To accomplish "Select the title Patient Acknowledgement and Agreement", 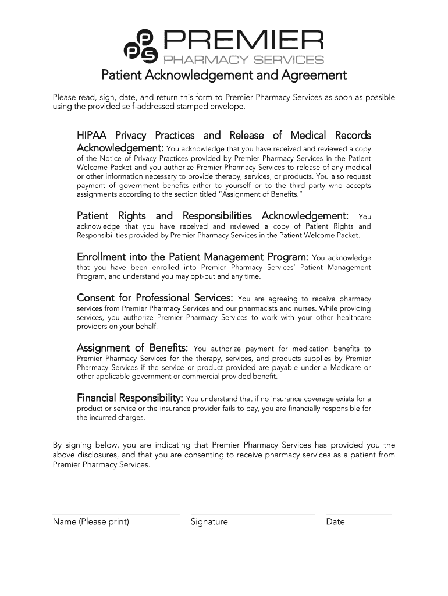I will click(224, 76).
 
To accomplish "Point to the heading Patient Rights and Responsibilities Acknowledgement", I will click(213, 215).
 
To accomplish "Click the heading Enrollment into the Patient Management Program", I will click(193, 257).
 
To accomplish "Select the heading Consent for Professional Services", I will click(155, 298).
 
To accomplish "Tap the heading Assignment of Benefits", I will click(133, 348).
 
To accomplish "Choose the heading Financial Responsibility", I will click(130, 398).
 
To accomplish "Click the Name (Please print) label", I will click(91, 521).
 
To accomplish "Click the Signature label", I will click(209, 521).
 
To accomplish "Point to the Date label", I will click(336, 521).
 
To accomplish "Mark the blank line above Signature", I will click(253, 515).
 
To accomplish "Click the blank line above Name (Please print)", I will click(116, 515).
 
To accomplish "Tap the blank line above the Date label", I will click(358, 515).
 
